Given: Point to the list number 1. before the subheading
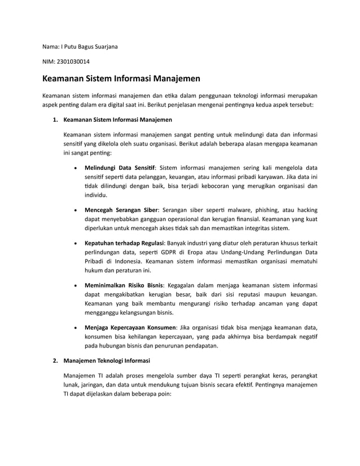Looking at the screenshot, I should [55, 120].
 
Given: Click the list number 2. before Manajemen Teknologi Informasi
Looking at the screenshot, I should [55, 361].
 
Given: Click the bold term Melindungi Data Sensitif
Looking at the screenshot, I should [119, 168].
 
